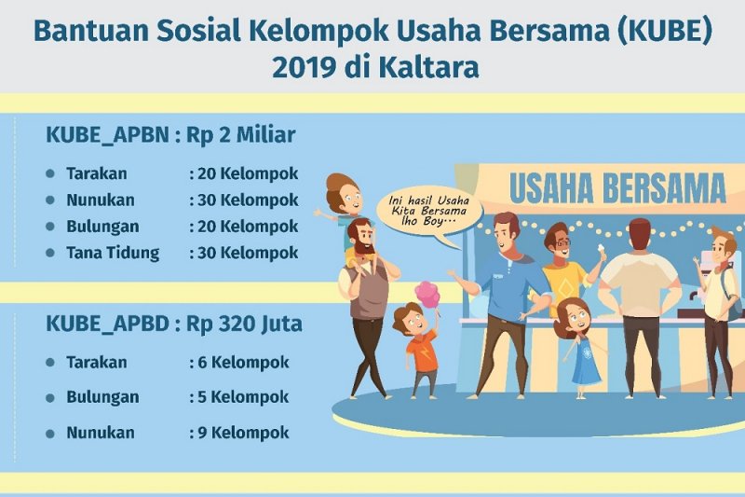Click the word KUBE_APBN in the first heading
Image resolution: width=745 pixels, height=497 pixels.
click(107, 135)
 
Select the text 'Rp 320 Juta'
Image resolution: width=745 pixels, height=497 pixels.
click(244, 324)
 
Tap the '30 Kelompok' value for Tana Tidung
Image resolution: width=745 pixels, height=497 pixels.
click(248, 253)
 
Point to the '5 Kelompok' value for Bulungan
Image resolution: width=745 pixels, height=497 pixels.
click(243, 397)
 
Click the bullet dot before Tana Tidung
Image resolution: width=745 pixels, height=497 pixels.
click(50, 253)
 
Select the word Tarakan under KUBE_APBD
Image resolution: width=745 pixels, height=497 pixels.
click(97, 363)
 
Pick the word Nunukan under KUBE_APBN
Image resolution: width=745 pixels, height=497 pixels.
click(101, 200)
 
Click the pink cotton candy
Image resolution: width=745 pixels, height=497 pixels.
click(427, 294)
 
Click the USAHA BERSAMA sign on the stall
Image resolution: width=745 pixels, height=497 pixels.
click(617, 188)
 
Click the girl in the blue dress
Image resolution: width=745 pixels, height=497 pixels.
click(578, 347)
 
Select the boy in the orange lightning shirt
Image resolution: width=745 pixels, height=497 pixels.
click(418, 350)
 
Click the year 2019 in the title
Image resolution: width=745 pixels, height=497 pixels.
click(304, 67)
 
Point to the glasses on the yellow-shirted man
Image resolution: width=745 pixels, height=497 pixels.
click(562, 243)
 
